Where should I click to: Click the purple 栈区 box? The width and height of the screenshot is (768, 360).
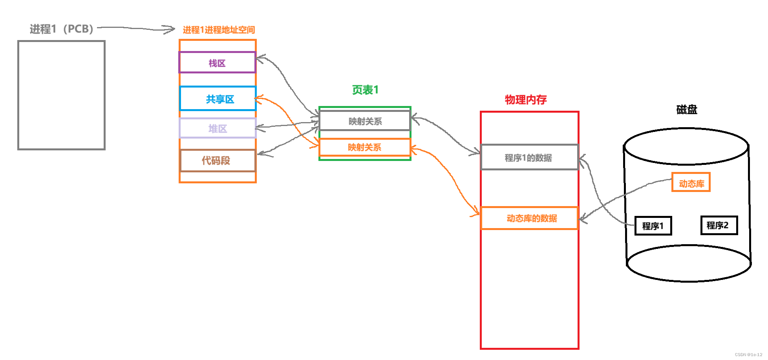click(217, 63)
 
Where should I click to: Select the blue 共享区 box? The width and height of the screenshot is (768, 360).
click(218, 99)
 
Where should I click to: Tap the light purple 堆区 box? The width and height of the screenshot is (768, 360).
click(218, 129)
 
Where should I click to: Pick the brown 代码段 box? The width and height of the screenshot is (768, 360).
click(217, 161)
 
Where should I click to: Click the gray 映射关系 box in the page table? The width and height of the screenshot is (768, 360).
click(365, 121)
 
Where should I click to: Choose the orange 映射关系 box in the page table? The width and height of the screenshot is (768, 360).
click(365, 147)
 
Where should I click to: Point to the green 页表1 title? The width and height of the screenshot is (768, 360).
click(365, 90)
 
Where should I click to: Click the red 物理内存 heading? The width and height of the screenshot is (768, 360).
click(526, 100)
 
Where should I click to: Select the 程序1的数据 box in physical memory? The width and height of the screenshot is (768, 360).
click(529, 158)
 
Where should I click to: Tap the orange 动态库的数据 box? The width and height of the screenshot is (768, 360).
click(529, 218)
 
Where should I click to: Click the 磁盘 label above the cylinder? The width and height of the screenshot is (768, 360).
click(687, 110)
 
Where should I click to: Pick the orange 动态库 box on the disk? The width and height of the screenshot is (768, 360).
click(691, 183)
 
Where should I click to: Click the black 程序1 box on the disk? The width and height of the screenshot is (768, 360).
click(653, 226)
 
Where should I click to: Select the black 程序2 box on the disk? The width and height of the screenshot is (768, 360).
click(719, 225)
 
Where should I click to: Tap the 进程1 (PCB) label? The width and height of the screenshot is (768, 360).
click(61, 29)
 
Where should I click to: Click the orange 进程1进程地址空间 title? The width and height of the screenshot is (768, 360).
click(219, 30)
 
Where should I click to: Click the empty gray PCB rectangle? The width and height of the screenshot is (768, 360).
click(61, 95)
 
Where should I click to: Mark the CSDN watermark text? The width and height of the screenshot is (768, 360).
click(748, 355)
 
